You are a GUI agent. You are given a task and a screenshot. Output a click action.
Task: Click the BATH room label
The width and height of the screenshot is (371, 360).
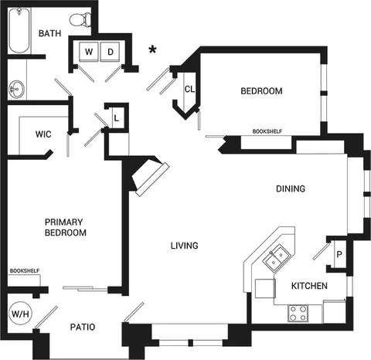49,33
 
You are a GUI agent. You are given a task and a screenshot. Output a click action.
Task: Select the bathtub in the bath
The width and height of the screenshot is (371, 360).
19,30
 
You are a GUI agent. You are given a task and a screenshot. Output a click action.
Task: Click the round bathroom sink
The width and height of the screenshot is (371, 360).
17,89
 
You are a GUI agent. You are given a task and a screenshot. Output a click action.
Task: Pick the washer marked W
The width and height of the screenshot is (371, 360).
89,52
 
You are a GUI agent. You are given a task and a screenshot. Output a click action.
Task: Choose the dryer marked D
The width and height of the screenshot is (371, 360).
110,52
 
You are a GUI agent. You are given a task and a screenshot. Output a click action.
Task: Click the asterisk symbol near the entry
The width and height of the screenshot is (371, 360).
152,49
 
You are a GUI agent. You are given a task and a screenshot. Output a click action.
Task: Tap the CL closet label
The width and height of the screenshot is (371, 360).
189,90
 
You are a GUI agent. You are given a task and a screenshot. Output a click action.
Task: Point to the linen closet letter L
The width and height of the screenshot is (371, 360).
117,118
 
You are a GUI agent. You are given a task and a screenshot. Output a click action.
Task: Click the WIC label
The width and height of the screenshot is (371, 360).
43,134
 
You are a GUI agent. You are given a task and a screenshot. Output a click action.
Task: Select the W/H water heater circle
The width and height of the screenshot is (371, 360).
22,314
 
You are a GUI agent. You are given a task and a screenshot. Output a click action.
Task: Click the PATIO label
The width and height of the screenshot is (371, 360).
83,327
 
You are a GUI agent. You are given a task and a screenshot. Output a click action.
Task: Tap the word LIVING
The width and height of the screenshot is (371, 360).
185,246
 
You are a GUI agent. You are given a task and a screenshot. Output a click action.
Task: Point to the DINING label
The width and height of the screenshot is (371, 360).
291,188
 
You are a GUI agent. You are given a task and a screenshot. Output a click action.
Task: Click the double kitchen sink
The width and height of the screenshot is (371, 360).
276,258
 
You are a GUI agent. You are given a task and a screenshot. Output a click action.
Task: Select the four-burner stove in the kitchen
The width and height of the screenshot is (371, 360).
298,313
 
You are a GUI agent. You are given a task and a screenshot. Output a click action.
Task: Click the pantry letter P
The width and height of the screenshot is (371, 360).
339,254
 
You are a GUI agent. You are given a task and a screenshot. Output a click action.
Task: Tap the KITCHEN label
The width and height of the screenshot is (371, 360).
309,286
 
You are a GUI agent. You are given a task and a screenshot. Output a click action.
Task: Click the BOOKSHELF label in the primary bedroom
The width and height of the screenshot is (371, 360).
25,271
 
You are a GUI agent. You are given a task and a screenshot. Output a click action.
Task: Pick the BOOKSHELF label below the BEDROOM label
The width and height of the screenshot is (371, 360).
267,131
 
